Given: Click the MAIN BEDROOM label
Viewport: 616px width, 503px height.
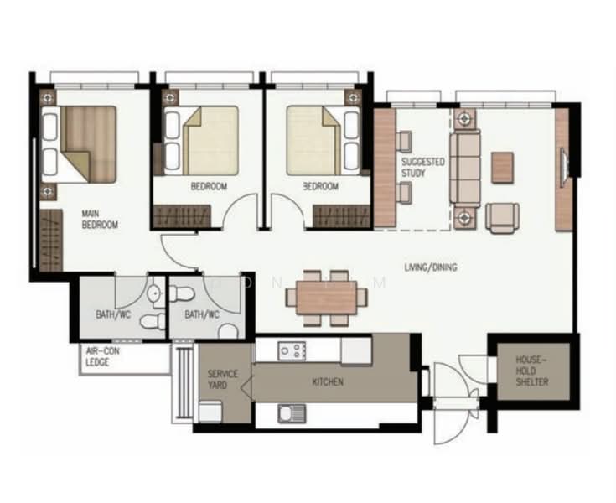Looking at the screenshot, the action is (x=100, y=220).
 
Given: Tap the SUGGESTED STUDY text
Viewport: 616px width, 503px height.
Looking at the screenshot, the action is (x=423, y=168).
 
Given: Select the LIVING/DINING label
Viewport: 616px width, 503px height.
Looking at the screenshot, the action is (x=431, y=267).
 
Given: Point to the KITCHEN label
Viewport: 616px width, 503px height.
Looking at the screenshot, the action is (x=328, y=381).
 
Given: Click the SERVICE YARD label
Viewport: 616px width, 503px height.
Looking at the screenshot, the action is (x=222, y=379).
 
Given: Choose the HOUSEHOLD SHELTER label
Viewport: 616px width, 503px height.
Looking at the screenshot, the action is (x=532, y=371).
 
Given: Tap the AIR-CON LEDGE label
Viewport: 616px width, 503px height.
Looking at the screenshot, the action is (x=102, y=356).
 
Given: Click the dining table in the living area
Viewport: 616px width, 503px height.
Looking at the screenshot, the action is (x=327, y=298).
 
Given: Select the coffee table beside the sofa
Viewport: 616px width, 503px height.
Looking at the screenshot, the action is (x=503, y=168).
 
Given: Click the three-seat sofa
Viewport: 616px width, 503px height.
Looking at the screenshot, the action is (x=465, y=169).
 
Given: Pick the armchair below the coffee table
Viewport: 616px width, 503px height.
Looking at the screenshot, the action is (x=502, y=217).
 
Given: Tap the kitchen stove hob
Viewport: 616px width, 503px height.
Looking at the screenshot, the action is (x=292, y=350).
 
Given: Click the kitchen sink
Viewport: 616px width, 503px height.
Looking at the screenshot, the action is (x=292, y=413).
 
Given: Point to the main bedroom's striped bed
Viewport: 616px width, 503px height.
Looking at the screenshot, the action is (x=80, y=144).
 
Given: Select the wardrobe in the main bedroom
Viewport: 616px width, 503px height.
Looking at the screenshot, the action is (x=51, y=240).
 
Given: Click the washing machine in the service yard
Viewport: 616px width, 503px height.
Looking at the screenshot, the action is (x=210, y=412).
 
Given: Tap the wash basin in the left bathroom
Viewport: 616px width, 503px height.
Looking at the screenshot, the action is (x=154, y=293).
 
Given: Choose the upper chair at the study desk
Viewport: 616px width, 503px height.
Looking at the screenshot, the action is (x=404, y=142).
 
